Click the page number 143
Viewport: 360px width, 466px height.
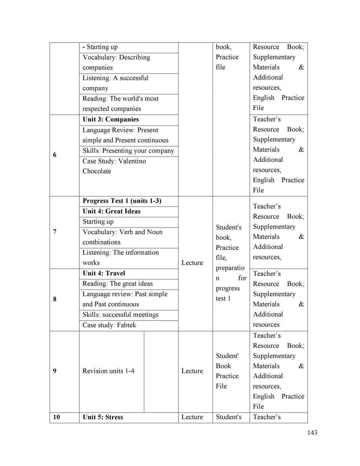[x=312, y=433]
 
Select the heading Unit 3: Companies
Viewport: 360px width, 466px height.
[x=111, y=119]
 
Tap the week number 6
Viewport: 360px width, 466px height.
[x=55, y=155]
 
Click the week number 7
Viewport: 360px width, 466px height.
[x=55, y=231]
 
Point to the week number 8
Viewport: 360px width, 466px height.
[x=55, y=299]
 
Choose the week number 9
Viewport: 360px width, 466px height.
[x=55, y=371]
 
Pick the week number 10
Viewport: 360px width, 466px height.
[x=56, y=417]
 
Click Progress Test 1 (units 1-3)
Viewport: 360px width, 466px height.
[x=122, y=201]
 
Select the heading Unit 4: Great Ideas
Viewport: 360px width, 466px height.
[x=111, y=211]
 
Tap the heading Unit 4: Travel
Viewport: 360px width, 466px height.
[x=104, y=273]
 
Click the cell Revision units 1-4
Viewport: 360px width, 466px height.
[x=108, y=371]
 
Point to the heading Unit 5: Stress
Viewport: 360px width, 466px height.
[x=103, y=417]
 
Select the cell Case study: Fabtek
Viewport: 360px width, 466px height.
[x=109, y=325]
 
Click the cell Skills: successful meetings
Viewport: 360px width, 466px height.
[x=120, y=314]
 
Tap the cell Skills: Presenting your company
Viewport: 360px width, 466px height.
[x=128, y=150]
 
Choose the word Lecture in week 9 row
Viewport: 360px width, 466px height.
[x=192, y=371]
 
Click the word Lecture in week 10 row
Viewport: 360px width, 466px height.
[x=192, y=417]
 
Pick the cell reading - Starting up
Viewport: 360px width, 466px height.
[x=100, y=47]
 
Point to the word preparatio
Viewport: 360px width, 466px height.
[x=230, y=268]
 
